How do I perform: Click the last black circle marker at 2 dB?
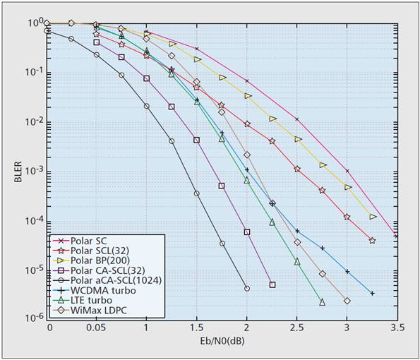coord(247,288)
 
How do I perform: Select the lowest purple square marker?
coord(272,285)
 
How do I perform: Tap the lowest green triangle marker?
coord(322,302)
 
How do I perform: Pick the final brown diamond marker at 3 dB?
coord(347,301)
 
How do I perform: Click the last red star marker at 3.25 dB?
coord(372,241)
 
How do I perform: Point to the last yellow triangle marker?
coord(373,216)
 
